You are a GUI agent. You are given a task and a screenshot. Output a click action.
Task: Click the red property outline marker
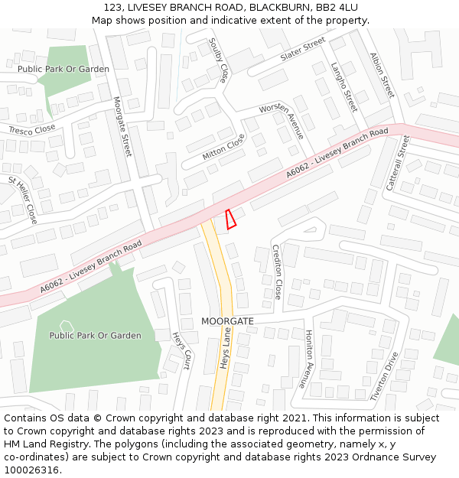coord(231,219)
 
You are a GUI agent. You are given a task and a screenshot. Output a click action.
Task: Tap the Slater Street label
coord(303,50)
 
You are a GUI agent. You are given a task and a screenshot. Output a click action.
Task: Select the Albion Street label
coord(382,75)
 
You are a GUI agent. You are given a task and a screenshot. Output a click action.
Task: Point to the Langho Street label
coord(344,87)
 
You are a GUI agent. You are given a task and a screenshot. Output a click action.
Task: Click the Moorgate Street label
coord(122,126)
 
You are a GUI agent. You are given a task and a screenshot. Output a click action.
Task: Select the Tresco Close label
coord(32,130)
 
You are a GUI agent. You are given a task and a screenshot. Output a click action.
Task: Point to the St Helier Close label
coord(23,200)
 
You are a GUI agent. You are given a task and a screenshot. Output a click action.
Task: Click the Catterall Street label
coord(399,163)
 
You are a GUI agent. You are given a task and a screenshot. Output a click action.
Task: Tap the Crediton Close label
coord(277,272)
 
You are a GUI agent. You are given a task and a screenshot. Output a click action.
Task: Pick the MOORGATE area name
coord(227,321)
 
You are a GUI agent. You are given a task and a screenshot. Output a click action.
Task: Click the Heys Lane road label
coord(226,348)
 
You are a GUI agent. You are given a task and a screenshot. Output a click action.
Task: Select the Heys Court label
coord(181,351)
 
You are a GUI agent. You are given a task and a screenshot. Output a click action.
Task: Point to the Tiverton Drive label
coord(385,376)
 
